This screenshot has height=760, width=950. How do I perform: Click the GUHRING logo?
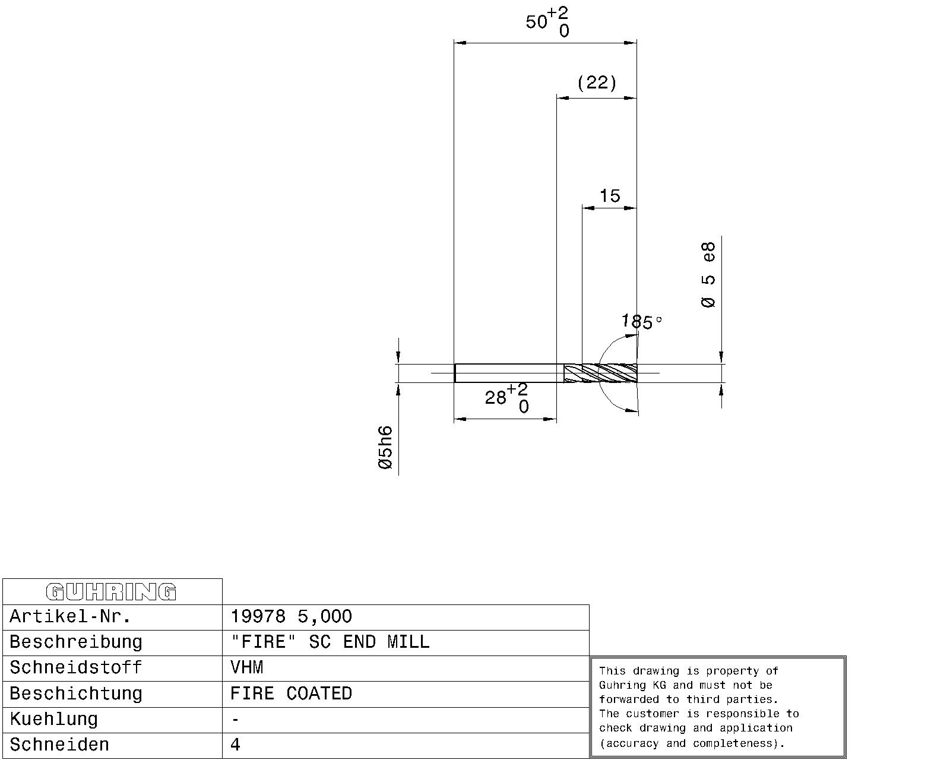[x=111, y=592]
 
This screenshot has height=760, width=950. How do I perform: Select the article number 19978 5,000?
[x=292, y=616]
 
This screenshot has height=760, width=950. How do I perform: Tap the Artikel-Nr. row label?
[x=70, y=616]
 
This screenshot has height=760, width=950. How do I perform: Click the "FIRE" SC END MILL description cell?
[x=330, y=642]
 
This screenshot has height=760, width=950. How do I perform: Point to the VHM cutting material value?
[x=247, y=667]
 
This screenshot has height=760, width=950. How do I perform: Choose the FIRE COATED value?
[x=292, y=693]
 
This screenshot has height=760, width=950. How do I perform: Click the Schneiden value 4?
[x=235, y=745]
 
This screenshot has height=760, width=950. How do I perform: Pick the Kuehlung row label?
[x=54, y=719]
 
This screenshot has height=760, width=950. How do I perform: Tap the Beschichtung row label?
[x=76, y=693]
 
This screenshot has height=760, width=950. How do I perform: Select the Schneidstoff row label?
[x=76, y=667]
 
